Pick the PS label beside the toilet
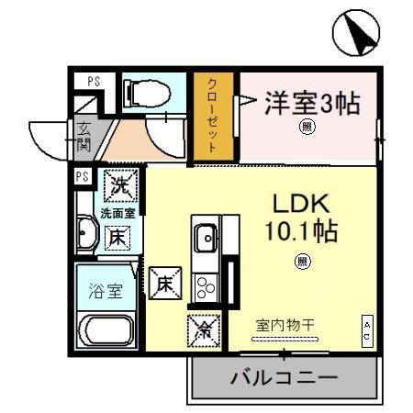tap(94, 81)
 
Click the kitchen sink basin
tap(206, 239)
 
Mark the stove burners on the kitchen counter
tap(206, 285)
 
